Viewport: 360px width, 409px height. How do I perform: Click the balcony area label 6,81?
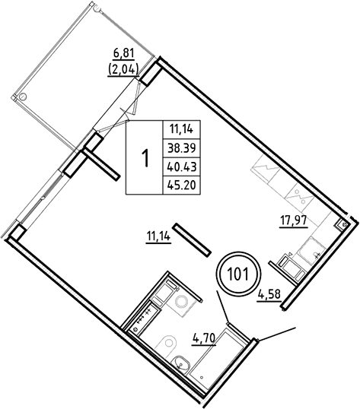click(123, 55)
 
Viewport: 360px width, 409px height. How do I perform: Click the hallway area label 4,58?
click(270, 293)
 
